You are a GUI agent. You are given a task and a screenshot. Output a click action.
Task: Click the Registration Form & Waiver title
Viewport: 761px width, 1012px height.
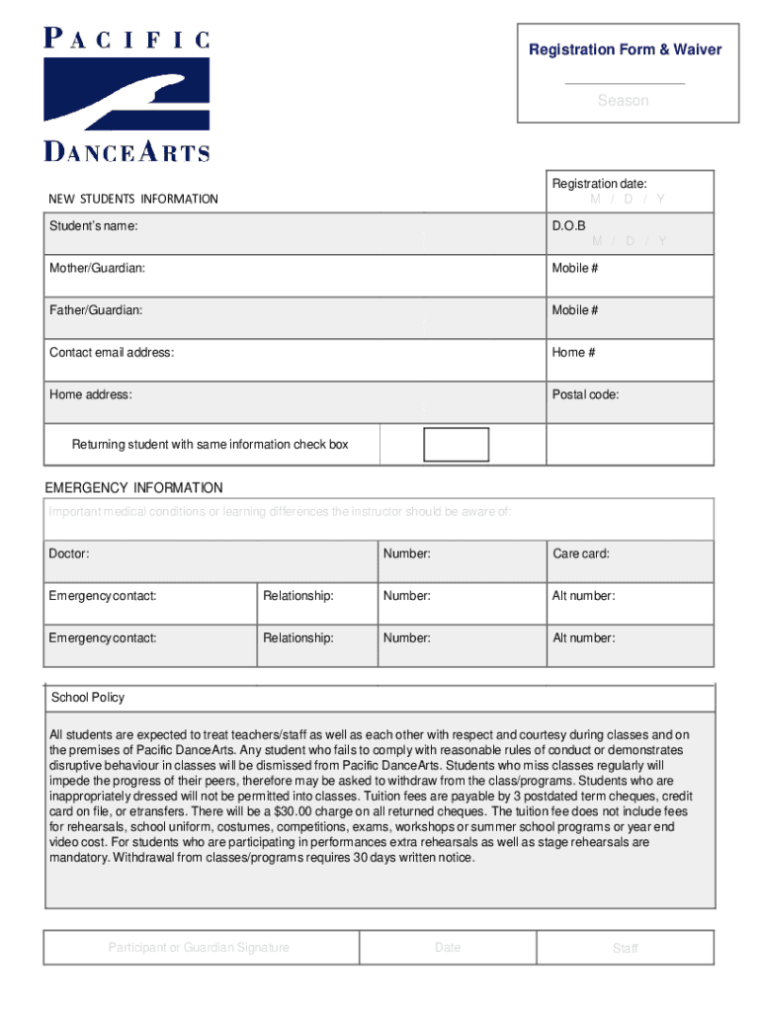pos(625,49)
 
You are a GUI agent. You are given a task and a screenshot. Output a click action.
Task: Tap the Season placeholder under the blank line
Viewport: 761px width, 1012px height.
pos(623,101)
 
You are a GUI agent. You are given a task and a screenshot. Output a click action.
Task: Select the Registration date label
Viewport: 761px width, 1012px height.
pos(599,184)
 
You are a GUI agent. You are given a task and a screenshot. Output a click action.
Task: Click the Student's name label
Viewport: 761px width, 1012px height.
pos(94,226)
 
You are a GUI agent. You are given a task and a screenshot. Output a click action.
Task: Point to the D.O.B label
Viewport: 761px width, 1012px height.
pos(569,226)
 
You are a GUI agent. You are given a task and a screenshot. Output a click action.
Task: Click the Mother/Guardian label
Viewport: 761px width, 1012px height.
pos(98,268)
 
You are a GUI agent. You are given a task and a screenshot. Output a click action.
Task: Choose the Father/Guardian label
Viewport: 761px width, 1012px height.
pos(96,310)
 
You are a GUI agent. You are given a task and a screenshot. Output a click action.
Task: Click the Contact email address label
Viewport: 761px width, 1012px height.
pos(112,352)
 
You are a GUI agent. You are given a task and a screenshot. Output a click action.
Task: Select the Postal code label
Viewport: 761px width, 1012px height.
pos(585,394)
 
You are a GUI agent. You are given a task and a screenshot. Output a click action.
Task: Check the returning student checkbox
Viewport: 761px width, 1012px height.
pos(456,445)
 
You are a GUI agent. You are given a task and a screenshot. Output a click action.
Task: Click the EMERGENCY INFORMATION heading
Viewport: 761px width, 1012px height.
pos(134,487)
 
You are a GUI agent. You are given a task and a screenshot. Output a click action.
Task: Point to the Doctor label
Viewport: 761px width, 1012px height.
pos(69,553)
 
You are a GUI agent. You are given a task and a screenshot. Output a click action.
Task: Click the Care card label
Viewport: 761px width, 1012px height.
pos(580,553)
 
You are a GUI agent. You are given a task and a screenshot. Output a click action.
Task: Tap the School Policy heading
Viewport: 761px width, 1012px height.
pos(88,698)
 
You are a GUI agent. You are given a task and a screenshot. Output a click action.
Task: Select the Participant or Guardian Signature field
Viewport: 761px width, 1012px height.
pos(199,948)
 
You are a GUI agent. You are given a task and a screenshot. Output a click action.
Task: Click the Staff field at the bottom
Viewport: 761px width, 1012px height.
pos(625,949)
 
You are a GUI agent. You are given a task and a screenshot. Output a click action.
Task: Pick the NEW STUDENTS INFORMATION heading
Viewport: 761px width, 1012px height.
pos(133,199)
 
